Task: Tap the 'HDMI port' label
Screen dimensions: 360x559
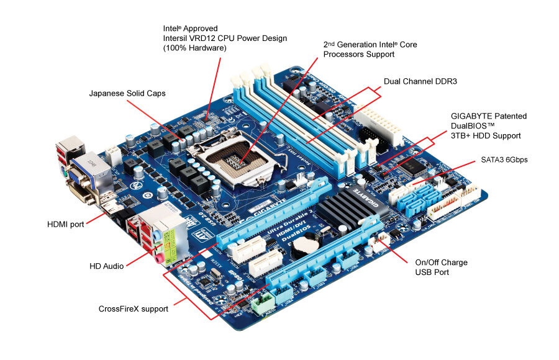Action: [66, 223]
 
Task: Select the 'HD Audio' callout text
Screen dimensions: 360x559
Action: [107, 266]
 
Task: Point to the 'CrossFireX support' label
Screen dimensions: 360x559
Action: [134, 308]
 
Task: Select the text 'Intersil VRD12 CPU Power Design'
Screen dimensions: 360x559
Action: [225, 38]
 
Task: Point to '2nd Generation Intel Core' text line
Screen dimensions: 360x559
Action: [370, 44]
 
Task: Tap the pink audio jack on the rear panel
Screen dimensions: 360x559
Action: [159, 256]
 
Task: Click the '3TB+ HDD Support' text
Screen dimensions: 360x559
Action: [486, 135]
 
